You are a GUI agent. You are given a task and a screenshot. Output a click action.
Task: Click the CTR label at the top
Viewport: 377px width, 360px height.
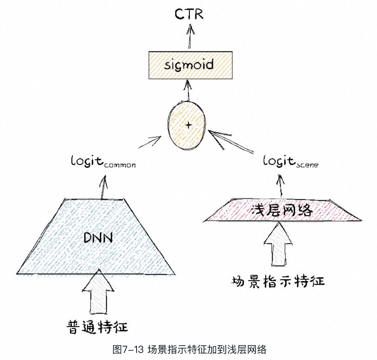click(189, 14)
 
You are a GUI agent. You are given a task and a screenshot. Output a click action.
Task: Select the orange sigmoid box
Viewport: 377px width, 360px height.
click(190, 65)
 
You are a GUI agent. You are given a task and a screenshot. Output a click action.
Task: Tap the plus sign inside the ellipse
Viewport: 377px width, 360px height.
click(188, 125)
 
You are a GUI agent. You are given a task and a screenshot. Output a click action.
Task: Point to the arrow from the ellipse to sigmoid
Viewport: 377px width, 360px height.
click(187, 91)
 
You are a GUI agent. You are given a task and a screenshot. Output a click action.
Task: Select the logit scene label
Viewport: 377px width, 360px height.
click(290, 162)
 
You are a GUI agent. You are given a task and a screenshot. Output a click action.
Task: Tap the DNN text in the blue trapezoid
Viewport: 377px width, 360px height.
click(98, 237)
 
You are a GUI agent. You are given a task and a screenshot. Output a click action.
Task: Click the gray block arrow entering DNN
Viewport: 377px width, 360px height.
click(100, 292)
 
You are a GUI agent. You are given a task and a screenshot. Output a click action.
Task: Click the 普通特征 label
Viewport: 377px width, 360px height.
click(97, 327)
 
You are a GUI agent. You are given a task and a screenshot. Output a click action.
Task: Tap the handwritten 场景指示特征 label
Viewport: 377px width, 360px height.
click(278, 281)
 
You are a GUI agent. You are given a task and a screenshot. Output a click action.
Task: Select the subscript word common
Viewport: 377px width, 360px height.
click(120, 165)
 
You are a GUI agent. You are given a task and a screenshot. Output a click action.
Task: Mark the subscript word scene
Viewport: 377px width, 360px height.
click(307, 165)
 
